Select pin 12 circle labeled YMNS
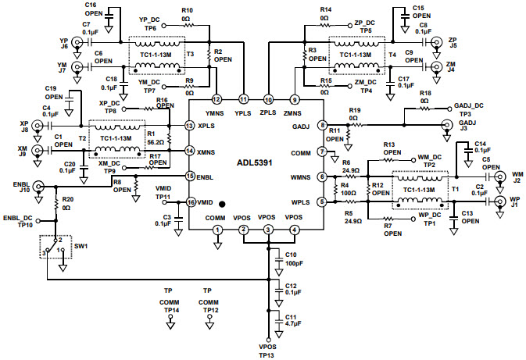coord(216,100)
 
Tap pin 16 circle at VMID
coord(190,202)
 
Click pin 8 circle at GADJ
coord(322,125)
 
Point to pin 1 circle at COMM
coord(217,229)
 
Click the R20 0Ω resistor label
coord(68,204)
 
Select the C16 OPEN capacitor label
coord(94,9)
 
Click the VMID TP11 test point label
coord(163,193)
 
